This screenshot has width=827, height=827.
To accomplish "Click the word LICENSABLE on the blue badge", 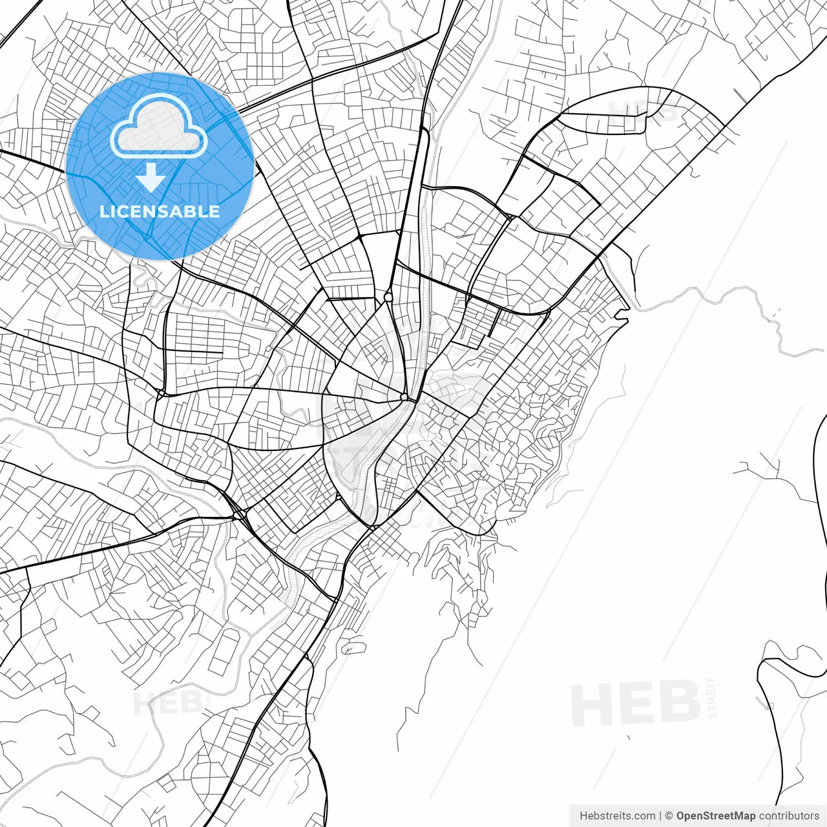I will (160, 211).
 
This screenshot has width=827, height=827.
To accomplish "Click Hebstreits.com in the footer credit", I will (617, 816).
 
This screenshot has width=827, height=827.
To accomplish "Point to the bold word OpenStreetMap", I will (716, 816).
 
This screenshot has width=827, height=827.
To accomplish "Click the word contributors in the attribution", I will (789, 816).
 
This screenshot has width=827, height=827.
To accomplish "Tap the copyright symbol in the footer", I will (669, 816).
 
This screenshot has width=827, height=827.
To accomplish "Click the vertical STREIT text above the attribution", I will (712, 698).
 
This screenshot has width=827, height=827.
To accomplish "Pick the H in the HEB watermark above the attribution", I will (589, 705).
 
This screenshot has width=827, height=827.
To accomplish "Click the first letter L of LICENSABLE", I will (103, 211).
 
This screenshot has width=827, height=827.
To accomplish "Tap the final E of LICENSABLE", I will (215, 211).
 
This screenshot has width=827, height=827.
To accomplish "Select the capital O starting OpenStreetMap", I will (681, 816).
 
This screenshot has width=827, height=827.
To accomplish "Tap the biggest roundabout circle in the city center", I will (388, 297).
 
